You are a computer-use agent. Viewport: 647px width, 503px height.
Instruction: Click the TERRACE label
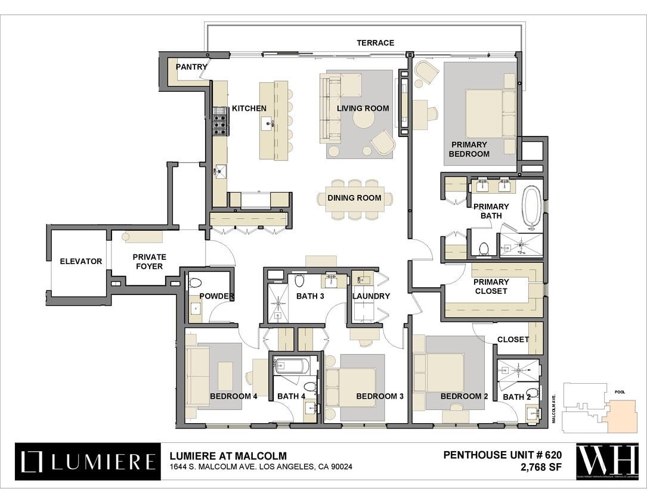[x=375, y=43]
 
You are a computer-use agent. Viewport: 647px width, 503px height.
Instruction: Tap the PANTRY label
[x=191, y=67]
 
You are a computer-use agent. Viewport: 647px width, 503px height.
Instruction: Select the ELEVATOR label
[x=81, y=261]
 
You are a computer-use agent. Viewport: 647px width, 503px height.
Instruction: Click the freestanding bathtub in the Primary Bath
[x=532, y=207]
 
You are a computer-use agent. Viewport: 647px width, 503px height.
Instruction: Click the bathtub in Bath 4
[x=291, y=365]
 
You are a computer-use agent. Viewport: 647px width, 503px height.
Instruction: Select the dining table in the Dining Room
[x=354, y=198]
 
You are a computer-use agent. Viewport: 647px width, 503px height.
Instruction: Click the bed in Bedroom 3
[x=352, y=387]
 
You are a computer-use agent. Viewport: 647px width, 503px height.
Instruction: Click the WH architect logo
[x=607, y=461]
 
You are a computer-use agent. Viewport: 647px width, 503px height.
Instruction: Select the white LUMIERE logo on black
[x=88, y=461]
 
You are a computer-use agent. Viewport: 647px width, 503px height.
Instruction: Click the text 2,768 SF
[x=541, y=467]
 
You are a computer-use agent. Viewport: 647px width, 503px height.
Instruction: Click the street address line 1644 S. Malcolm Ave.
[x=261, y=467]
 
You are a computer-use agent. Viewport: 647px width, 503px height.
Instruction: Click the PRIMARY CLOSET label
[x=491, y=287]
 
